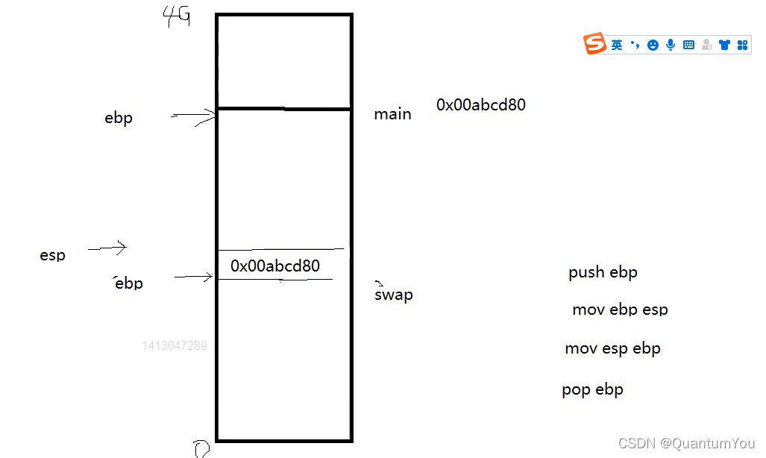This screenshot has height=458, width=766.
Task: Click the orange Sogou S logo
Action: click(x=594, y=44)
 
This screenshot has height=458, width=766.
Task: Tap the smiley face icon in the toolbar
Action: click(x=653, y=46)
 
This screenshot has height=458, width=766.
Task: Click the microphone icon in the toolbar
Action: click(x=671, y=45)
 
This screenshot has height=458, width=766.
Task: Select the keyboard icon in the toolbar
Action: click(x=688, y=45)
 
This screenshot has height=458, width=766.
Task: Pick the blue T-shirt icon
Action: click(x=724, y=45)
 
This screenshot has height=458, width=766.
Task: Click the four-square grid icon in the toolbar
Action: click(x=742, y=46)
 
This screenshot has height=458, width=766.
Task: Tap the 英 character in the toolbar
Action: click(x=617, y=46)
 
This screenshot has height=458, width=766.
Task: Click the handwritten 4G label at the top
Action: click(x=177, y=16)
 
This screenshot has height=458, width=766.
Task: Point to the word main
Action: click(x=392, y=114)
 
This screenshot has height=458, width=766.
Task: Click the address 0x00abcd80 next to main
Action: click(x=481, y=105)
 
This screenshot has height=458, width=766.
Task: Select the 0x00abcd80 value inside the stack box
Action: click(x=275, y=266)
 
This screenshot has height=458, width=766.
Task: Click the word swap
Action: click(x=393, y=295)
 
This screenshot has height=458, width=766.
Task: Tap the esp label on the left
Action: click(x=52, y=256)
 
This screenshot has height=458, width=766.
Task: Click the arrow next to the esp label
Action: click(x=107, y=248)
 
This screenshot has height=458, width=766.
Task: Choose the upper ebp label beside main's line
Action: click(x=119, y=118)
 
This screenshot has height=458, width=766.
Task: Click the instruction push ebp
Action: click(x=603, y=272)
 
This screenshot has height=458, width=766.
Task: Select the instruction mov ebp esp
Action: click(x=620, y=310)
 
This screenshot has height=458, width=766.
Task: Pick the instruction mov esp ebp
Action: click(x=612, y=348)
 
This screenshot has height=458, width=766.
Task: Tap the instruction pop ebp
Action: click(x=592, y=389)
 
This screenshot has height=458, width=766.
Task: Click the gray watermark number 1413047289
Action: click(x=175, y=346)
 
